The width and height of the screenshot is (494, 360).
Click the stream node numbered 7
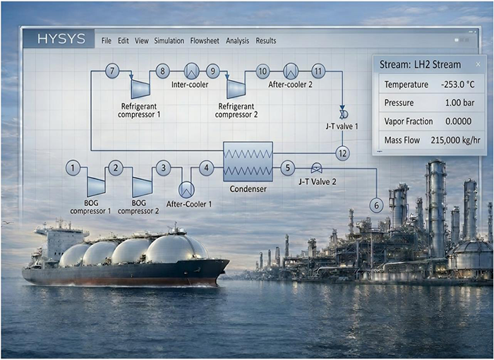pyautogui.click(x=112, y=71)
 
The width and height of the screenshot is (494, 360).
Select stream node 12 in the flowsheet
pyautogui.click(x=342, y=152)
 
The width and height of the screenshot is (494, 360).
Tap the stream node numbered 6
pyautogui.click(x=376, y=205)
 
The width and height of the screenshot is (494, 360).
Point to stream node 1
pyautogui.click(x=73, y=168)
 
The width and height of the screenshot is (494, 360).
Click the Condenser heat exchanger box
pyautogui.click(x=248, y=162)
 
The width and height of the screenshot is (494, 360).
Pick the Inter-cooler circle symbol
pyautogui.click(x=191, y=71)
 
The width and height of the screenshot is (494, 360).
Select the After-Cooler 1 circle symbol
pyautogui.click(x=186, y=189)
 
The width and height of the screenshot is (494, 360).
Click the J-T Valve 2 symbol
pyautogui.click(x=316, y=168)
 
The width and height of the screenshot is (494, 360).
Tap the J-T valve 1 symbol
pyautogui.click(x=343, y=114)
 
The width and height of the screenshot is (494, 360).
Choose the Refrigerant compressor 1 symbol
pyautogui.click(x=140, y=88)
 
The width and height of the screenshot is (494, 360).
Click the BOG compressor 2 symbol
pyautogui.click(x=142, y=186)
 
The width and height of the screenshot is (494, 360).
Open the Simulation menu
pyautogui.click(x=169, y=41)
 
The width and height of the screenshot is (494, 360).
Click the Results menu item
pyautogui.click(x=266, y=41)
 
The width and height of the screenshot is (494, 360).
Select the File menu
pyautogui.click(x=107, y=41)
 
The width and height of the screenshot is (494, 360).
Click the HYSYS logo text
pyautogui.click(x=61, y=40)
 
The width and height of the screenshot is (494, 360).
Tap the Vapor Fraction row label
pyautogui.click(x=409, y=121)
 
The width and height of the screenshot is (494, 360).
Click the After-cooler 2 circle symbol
pyautogui.click(x=290, y=71)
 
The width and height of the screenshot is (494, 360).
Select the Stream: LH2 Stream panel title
pyautogui.click(x=420, y=64)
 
